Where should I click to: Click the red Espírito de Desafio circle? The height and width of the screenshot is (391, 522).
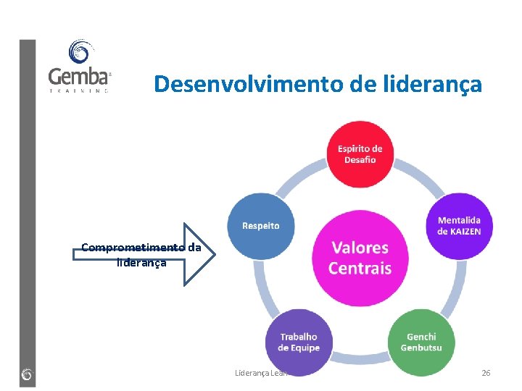tap(360, 154)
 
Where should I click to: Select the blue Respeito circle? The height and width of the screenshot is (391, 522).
tap(260, 225)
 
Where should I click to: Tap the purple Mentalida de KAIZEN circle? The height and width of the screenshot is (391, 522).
tap(458, 225)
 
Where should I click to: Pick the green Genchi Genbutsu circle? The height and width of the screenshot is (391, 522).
tap(421, 341)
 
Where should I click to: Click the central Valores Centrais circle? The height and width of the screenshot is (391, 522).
tap(360, 258)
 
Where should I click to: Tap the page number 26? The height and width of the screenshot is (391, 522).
tap(486, 373)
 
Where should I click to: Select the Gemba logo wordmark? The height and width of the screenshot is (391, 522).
tap(79, 76)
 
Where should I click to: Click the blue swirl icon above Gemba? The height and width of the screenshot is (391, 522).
tap(79, 52)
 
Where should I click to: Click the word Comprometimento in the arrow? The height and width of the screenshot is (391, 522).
tap(133, 248)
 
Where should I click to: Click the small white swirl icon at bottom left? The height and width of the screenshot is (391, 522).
tap(27, 374)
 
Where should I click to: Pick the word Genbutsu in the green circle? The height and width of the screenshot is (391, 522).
tap(421, 348)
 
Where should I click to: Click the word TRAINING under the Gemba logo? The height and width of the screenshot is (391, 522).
tap(79, 91)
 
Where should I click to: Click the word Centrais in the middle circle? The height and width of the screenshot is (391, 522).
tap(360, 269)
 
